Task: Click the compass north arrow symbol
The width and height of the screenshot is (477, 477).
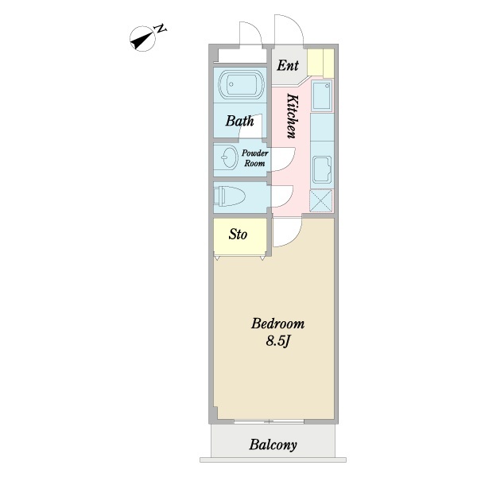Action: pos(142,40)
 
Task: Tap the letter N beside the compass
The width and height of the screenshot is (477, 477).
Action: pos(161,29)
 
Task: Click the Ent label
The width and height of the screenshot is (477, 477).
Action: pos(288,65)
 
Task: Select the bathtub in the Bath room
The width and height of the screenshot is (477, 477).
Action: pos(240,84)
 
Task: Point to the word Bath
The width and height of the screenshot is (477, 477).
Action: pos(240,121)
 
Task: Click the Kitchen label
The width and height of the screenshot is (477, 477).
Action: pos(293,116)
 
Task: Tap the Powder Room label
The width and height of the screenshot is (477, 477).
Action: pos(255,158)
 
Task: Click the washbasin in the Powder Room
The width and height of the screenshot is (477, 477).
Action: pos(230,157)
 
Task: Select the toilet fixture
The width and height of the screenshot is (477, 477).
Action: pos(229,196)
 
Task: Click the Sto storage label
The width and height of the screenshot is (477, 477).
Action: pos(238,235)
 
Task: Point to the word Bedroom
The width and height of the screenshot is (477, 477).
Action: pos(277,324)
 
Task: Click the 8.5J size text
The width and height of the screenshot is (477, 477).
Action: pos(277,341)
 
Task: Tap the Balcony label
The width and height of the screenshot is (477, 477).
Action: pos(273,444)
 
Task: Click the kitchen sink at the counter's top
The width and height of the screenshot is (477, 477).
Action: pos(322,96)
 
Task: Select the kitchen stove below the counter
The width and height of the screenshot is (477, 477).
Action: pos(322,170)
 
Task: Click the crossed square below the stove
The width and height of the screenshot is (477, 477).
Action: pos(321,200)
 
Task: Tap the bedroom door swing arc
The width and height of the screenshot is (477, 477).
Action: pos(294,238)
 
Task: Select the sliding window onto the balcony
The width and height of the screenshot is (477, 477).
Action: pos(269,421)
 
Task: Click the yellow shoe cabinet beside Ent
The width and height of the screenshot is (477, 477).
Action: pos(320,63)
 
